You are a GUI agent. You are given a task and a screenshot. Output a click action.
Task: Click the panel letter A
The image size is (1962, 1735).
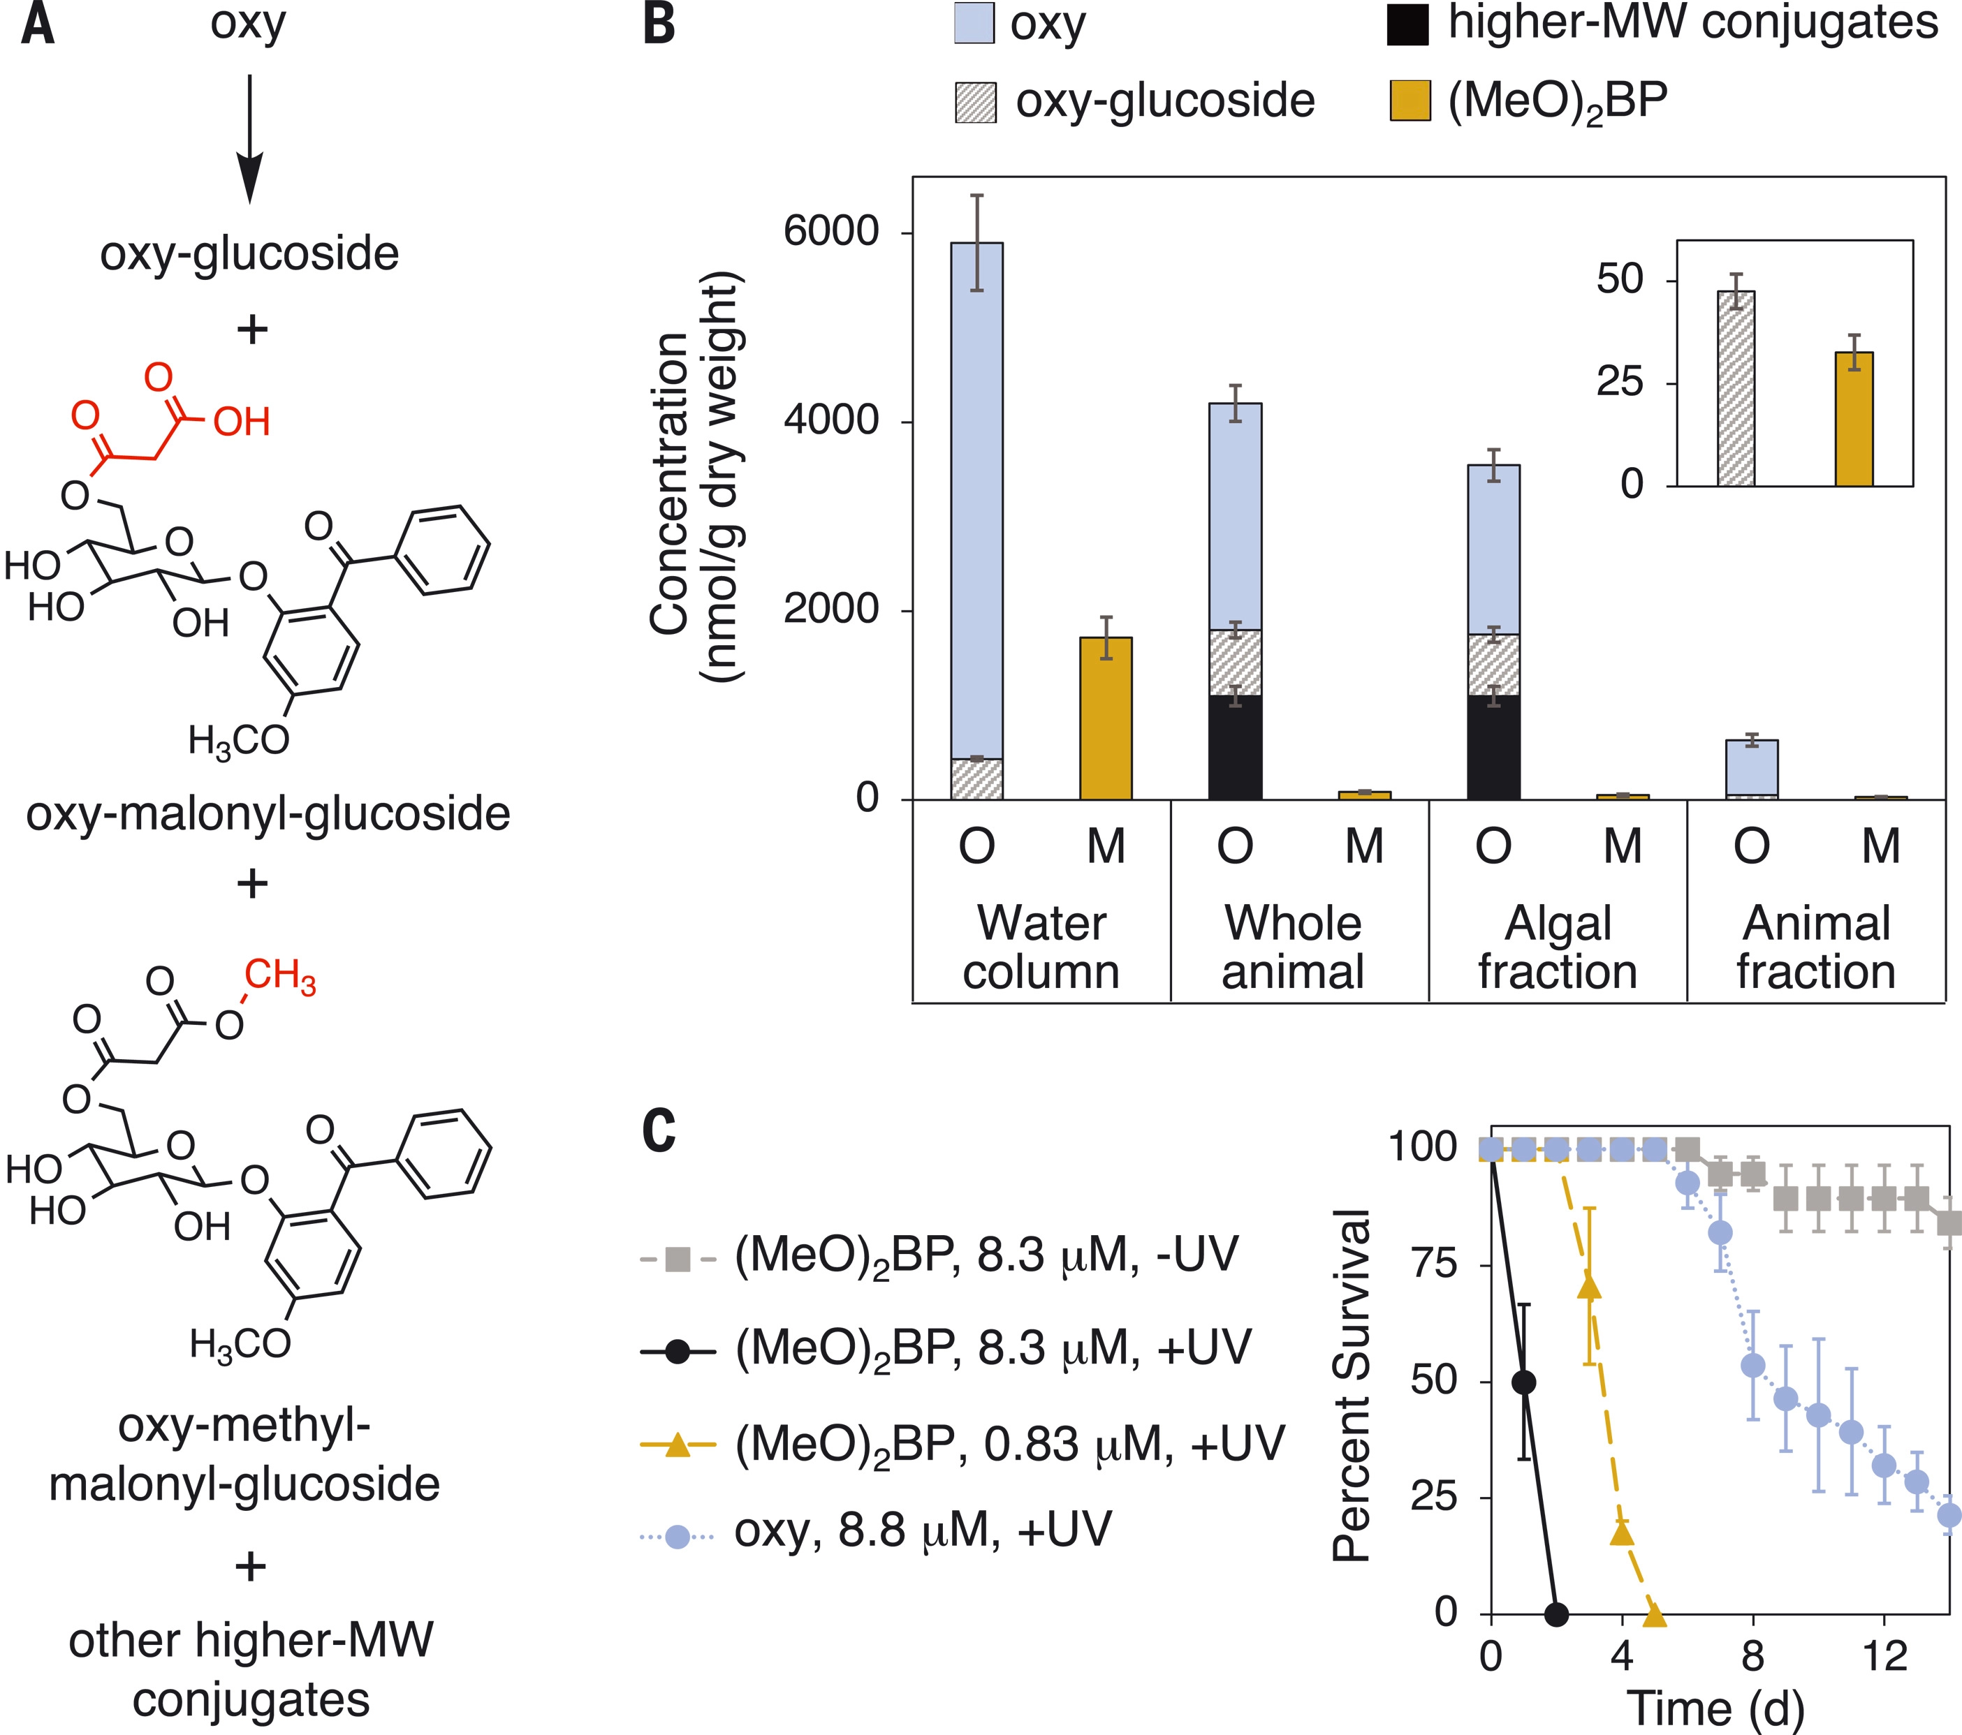point(38,25)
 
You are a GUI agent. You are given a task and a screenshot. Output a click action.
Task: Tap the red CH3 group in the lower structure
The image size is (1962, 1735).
point(279,976)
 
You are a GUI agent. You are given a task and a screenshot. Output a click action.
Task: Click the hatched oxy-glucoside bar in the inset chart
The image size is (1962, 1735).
point(1736,389)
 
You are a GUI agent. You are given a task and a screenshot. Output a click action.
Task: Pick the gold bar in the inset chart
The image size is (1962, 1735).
point(1854,420)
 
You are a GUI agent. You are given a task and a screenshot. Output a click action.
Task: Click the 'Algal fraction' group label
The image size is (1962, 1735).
point(1557,947)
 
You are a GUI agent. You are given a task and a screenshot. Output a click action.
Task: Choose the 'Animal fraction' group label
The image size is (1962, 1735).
point(1816,947)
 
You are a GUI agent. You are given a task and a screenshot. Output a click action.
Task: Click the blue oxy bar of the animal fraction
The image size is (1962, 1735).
point(1752,768)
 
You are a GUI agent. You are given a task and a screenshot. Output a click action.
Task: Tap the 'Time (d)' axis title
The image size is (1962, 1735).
point(1715,1709)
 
